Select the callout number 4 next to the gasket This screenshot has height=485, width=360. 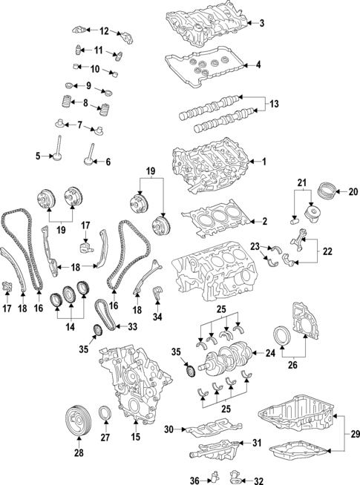(258, 65)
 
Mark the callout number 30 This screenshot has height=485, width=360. (168, 429)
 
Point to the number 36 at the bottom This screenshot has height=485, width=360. (194, 481)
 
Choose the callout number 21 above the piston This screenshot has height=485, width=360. (301, 182)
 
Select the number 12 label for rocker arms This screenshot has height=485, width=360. (104, 30)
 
